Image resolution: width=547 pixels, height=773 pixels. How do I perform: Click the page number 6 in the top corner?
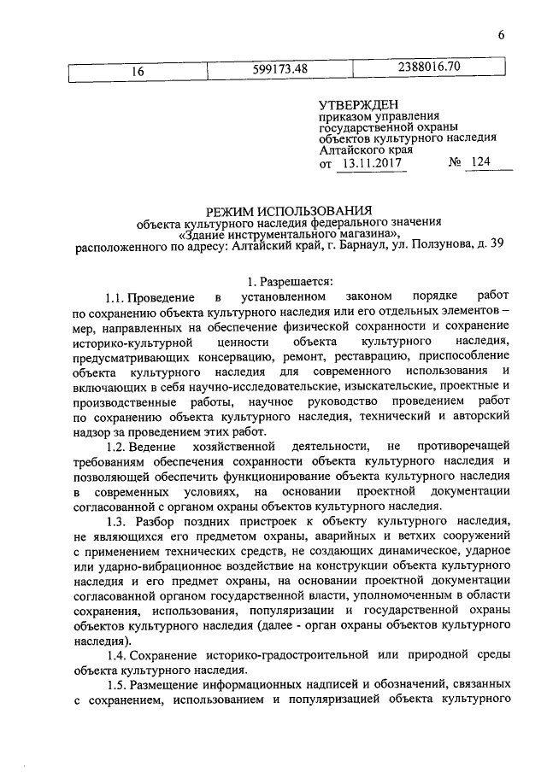[x=503, y=35]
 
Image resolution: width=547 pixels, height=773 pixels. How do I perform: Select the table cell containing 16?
[x=136, y=72]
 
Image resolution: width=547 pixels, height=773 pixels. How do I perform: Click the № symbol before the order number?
[x=454, y=162]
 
